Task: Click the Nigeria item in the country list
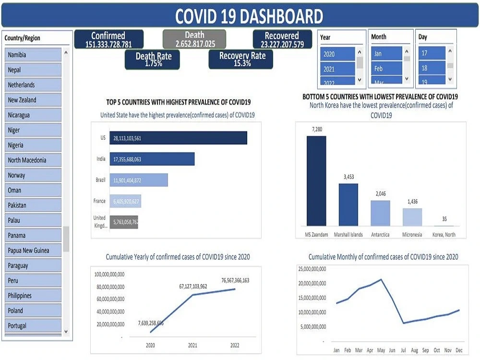coord(33,145)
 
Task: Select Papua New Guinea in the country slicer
coord(33,250)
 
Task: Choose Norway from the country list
coord(33,175)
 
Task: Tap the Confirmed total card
coord(108,39)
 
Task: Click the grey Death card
coord(194,39)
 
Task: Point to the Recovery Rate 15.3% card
coord(242,59)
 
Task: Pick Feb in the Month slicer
coord(386,69)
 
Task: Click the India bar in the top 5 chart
coord(152,159)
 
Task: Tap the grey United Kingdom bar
coord(124,222)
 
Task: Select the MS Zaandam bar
coord(316,180)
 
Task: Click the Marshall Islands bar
coord(348,204)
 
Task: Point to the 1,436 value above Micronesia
coord(412,202)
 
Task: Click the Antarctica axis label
coord(380,235)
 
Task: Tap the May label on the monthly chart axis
coord(381,350)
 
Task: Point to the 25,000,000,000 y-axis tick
coord(312,268)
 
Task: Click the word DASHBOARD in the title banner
coord(281,17)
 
